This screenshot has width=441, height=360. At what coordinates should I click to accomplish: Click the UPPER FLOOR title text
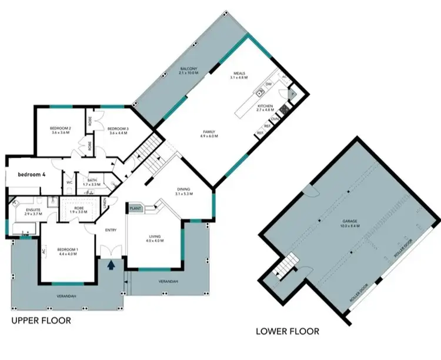click(x=41, y=321)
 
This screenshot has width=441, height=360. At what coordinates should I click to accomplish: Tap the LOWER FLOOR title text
click(x=288, y=331)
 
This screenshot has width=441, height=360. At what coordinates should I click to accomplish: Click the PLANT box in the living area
click(x=136, y=208)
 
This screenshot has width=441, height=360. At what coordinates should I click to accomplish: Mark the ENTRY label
click(x=111, y=230)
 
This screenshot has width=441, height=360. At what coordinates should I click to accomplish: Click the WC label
click(x=69, y=182)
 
